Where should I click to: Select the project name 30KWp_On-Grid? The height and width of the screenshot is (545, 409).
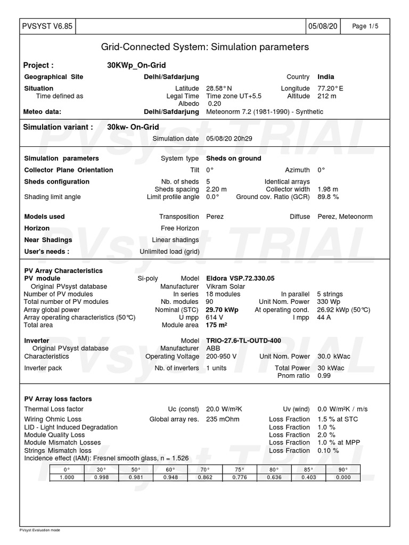(x=137, y=65)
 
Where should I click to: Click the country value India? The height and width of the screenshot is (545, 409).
(x=326, y=77)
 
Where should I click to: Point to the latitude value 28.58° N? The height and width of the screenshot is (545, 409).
(x=219, y=88)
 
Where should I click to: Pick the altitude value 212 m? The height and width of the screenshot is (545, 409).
(x=327, y=96)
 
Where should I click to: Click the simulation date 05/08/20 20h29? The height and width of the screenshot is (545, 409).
(x=229, y=139)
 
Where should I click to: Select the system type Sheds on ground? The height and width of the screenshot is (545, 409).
(x=233, y=159)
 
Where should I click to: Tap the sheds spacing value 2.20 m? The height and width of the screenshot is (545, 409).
(x=216, y=189)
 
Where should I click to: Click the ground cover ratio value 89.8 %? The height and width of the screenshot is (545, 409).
(x=328, y=197)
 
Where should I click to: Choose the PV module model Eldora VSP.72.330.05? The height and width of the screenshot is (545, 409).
(x=240, y=278)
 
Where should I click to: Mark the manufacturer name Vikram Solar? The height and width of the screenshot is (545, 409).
(x=226, y=286)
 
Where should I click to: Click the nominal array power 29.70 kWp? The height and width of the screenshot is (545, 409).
(x=222, y=310)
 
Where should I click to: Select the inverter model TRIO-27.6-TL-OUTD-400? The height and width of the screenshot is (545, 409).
(x=243, y=341)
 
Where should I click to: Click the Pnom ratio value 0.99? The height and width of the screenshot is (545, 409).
(x=324, y=376)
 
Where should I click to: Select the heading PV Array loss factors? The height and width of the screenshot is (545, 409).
(x=58, y=399)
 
